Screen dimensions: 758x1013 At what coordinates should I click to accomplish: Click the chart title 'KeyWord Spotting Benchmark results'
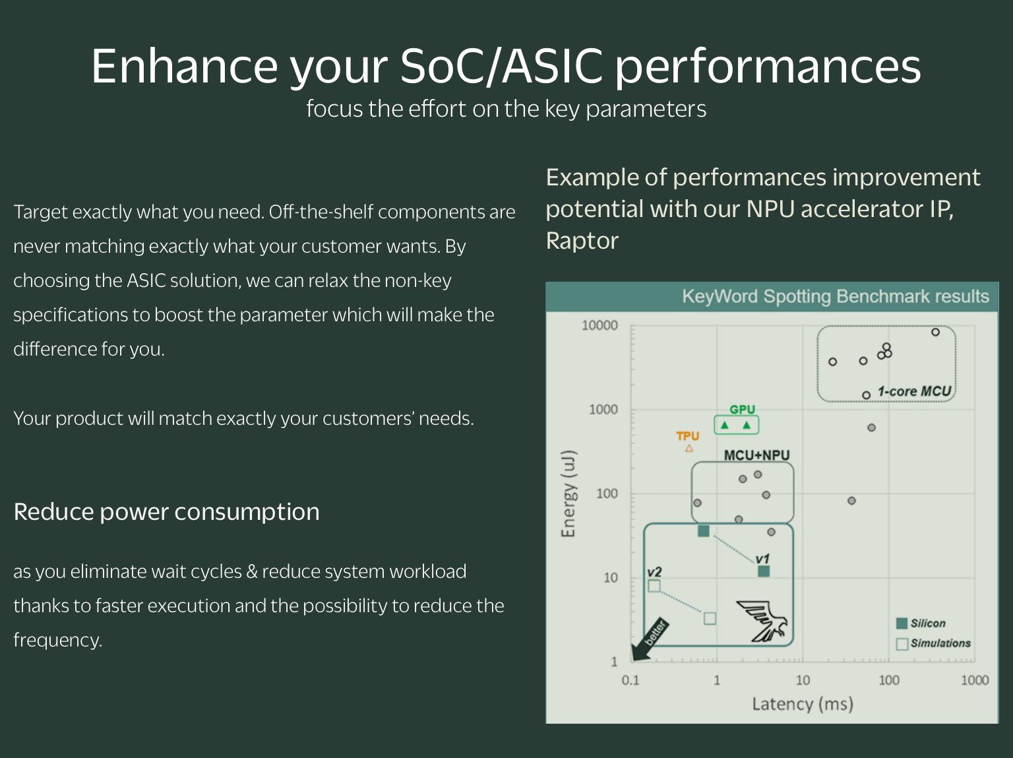[x=835, y=296]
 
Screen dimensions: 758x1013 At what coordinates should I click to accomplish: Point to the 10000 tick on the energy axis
[x=599, y=325]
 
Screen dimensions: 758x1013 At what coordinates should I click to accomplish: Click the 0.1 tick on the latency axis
[x=630, y=680]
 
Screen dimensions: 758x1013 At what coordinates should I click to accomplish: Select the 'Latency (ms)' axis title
[x=803, y=704]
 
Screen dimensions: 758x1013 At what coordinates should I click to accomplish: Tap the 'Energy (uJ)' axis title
[x=568, y=493]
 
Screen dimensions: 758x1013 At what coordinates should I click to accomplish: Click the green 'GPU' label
[x=742, y=410]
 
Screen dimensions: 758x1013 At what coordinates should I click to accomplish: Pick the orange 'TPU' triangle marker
[x=689, y=449]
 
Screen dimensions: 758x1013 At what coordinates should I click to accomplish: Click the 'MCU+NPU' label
[x=756, y=455]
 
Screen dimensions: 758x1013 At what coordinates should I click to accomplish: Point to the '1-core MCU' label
[x=914, y=391]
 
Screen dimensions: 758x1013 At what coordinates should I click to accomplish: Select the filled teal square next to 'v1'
[x=764, y=571]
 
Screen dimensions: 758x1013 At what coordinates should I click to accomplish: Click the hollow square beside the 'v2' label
[x=654, y=586]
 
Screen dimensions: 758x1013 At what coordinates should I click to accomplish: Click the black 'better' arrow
[x=650, y=641]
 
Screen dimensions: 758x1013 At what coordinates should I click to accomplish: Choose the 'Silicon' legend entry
[x=921, y=623]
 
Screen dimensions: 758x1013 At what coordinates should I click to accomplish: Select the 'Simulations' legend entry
[x=934, y=643]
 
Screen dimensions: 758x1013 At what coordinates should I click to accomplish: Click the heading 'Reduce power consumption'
[x=166, y=512]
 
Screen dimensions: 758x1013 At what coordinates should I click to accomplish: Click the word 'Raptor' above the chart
[x=582, y=241]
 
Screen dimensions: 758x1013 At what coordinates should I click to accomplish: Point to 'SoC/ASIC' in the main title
[x=501, y=66]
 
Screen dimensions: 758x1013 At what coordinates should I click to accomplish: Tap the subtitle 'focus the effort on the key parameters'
[x=506, y=109]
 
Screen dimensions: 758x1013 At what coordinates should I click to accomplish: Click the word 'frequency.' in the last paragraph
[x=57, y=640]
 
